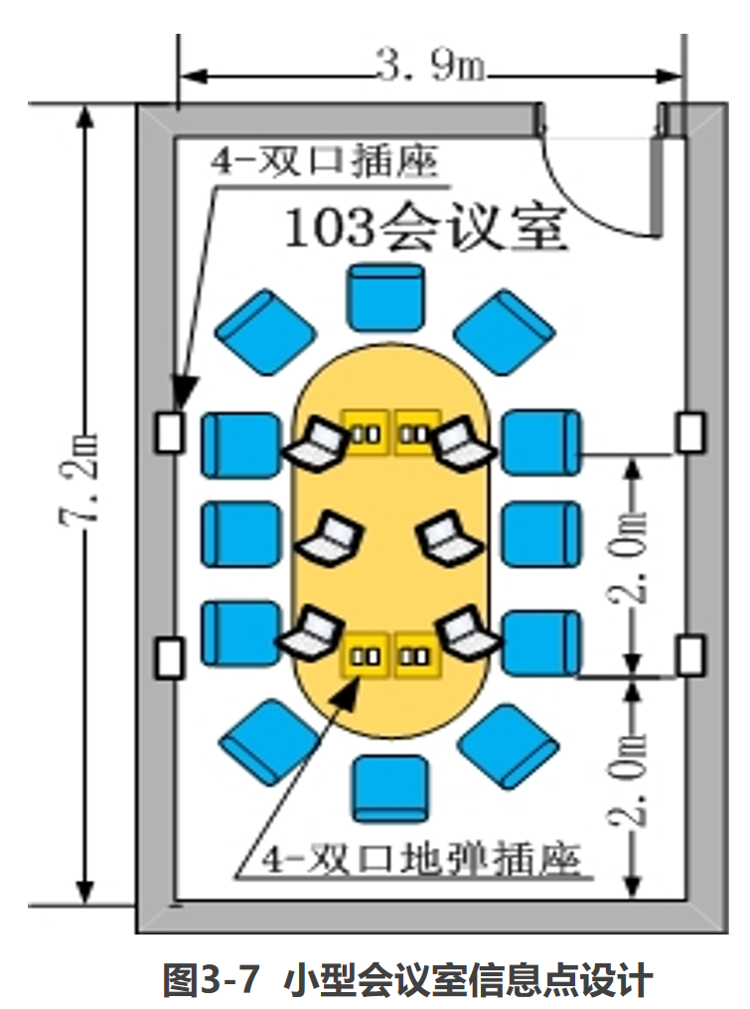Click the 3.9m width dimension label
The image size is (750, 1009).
click(x=429, y=68)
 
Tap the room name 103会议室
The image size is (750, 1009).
click(x=425, y=229)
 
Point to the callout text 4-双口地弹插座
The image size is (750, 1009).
click(x=409, y=859)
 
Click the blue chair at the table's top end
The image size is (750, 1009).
click(x=389, y=296)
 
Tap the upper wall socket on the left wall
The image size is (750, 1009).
click(x=171, y=433)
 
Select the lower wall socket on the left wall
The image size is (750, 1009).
click(x=171, y=658)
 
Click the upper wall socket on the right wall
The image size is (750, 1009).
click(x=689, y=433)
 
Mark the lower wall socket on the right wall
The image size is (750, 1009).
click(x=689, y=656)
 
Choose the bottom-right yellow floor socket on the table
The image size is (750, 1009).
click(x=416, y=656)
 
